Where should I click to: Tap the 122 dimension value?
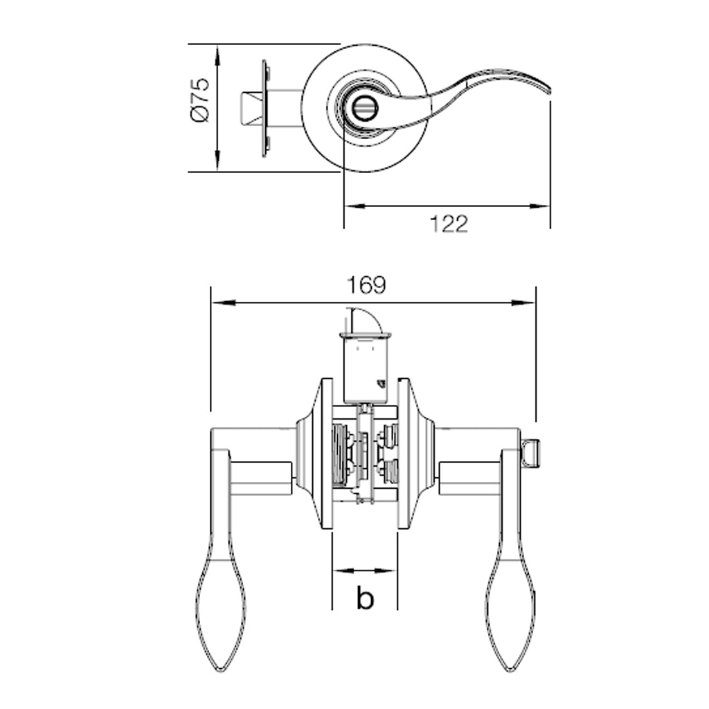[x=449, y=224]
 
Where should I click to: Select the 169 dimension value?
[x=366, y=285]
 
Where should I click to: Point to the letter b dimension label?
[x=365, y=598]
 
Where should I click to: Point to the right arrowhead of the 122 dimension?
[x=538, y=206]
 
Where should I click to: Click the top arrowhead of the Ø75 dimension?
[x=217, y=56]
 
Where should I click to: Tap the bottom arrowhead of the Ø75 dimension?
[x=217, y=160]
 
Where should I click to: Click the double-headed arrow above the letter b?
[x=364, y=571]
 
